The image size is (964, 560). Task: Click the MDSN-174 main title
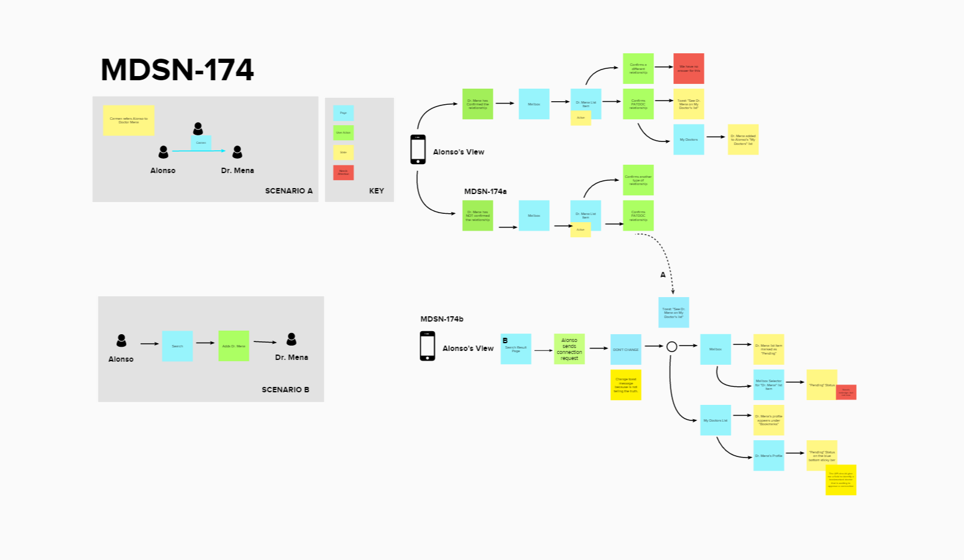pyautogui.click(x=177, y=70)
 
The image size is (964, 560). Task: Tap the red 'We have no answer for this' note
pyautogui.click(x=688, y=68)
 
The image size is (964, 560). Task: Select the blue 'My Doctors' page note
pyautogui.click(x=688, y=140)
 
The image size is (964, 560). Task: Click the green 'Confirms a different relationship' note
pyautogui.click(x=638, y=68)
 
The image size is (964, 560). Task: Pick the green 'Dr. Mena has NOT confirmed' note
pyautogui.click(x=477, y=216)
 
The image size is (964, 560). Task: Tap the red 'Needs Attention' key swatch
pyautogui.click(x=343, y=172)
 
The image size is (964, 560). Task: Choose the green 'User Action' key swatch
pyautogui.click(x=343, y=132)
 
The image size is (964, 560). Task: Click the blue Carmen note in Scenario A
pyautogui.click(x=201, y=143)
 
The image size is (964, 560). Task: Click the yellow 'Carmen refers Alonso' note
pyautogui.click(x=128, y=120)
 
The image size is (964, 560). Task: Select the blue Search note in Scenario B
pyautogui.click(x=177, y=346)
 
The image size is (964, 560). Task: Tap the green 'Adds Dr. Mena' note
pyautogui.click(x=233, y=346)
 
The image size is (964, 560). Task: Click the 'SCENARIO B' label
pyautogui.click(x=285, y=389)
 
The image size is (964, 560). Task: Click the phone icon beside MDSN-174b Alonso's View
pyautogui.click(x=427, y=346)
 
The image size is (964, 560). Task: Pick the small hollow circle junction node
pyautogui.click(x=672, y=347)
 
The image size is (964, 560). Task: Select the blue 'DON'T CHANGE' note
pyautogui.click(x=625, y=350)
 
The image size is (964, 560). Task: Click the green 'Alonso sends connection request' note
pyautogui.click(x=569, y=349)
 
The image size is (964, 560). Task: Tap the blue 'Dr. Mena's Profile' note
pyautogui.click(x=768, y=456)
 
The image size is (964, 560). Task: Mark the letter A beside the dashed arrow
pyautogui.click(x=663, y=275)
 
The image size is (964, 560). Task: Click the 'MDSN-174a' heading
pyautogui.click(x=485, y=192)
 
